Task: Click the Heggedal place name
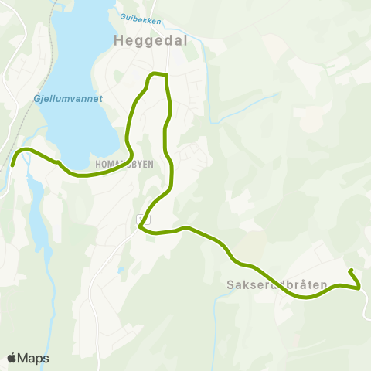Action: click(150, 40)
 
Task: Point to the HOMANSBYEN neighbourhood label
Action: click(124, 165)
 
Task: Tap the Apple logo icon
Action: click(12, 359)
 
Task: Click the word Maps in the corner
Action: click(33, 359)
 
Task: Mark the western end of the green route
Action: click(13, 165)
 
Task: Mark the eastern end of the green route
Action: click(351, 271)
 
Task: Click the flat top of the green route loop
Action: click(158, 74)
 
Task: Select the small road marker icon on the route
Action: click(139, 219)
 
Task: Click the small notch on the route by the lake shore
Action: click(58, 162)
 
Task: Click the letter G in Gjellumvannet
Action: click(37, 99)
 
